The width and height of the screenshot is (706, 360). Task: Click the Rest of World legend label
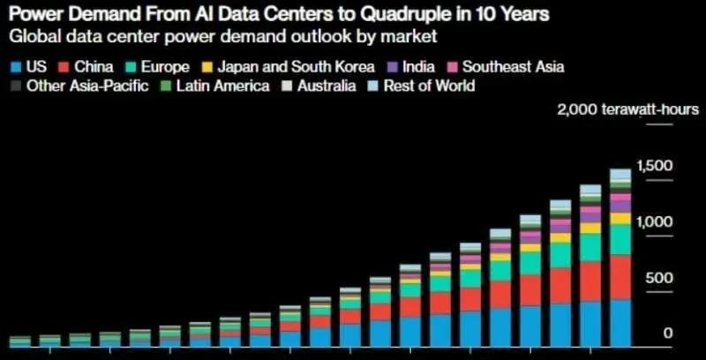[430, 86]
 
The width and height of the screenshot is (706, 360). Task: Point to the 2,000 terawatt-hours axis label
[627, 109]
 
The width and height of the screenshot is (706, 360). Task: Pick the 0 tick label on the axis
[668, 334]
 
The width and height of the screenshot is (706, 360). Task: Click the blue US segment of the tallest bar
[620, 321]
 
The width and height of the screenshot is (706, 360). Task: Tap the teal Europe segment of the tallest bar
[620, 239]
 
